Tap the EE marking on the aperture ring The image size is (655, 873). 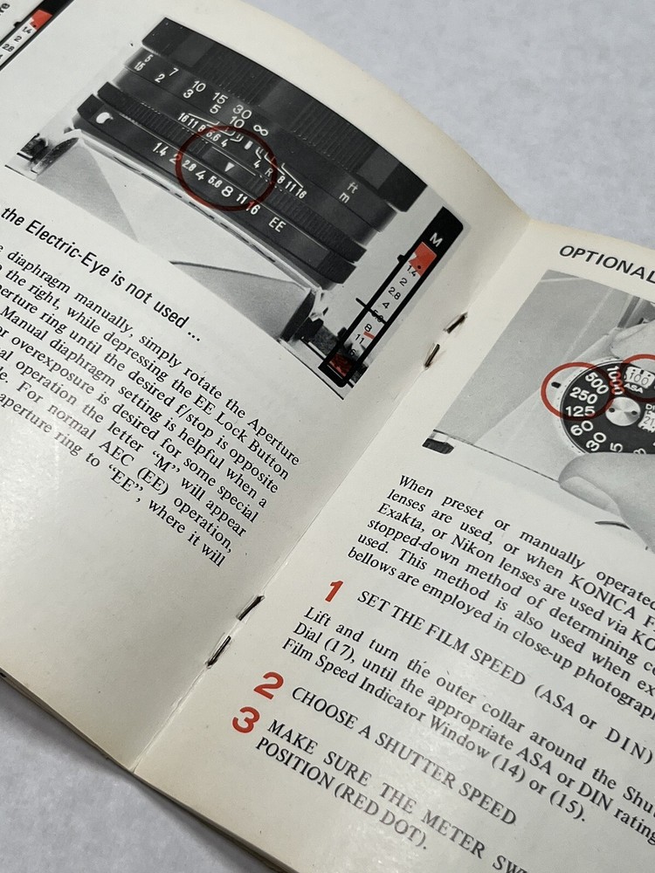click(x=277, y=223)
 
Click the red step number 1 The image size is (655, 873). click(x=333, y=592)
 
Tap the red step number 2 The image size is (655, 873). click(x=267, y=685)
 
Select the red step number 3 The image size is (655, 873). click(x=244, y=722)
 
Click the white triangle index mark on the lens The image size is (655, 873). click(x=228, y=165)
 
